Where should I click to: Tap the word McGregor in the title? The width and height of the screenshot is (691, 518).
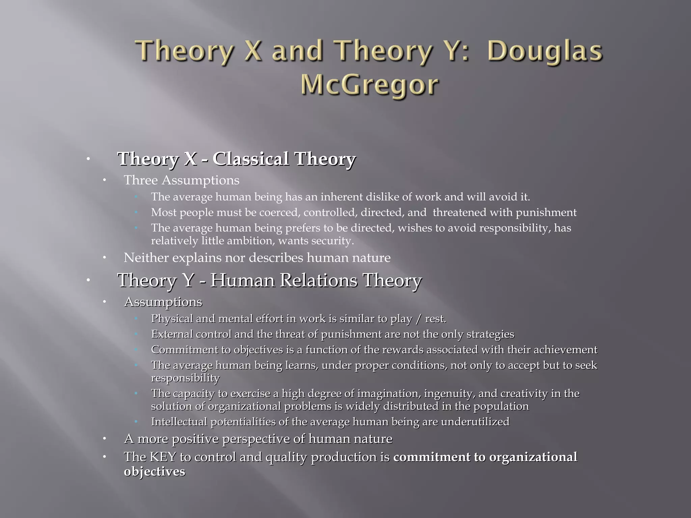tap(369, 85)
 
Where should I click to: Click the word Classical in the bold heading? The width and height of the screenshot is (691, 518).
tap(251, 159)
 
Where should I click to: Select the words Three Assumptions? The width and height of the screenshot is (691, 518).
tap(182, 180)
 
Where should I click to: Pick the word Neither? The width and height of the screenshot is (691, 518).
tap(146, 258)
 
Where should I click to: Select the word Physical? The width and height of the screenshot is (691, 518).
tap(172, 319)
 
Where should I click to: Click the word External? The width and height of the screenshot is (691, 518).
tap(172, 334)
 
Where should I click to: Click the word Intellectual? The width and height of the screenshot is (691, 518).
tap(179, 422)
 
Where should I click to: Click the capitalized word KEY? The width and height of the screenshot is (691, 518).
tap(163, 457)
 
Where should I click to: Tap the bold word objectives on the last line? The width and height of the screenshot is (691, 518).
tap(155, 471)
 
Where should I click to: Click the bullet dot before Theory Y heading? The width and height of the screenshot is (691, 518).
tap(87, 280)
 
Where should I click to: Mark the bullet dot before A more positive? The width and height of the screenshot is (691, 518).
tap(105, 439)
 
